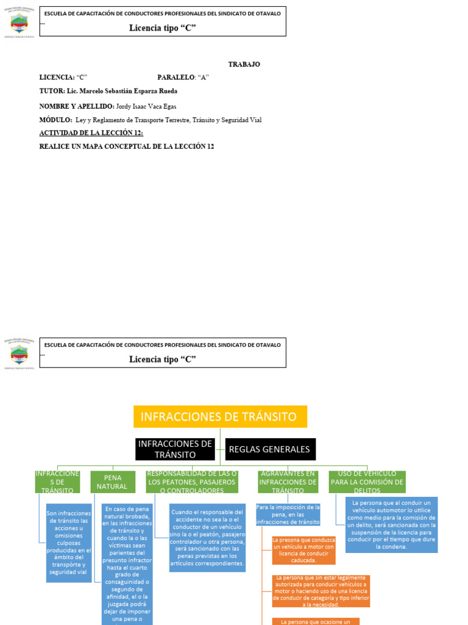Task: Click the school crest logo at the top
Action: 19,23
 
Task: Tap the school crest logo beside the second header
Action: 19,353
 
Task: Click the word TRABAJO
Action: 244,64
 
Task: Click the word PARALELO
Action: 175,78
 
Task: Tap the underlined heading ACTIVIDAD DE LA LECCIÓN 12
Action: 91,133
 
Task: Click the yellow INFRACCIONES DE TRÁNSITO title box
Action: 220,417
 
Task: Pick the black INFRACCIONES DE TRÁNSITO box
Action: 175,449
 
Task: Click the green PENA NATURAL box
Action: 113,482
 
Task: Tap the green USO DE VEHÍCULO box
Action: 367,482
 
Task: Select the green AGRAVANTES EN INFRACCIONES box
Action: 288,482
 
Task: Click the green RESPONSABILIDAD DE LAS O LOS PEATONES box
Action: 192,482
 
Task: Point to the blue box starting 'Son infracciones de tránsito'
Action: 68,543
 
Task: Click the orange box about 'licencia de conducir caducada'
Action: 303,550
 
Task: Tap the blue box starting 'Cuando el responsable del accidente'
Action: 207,538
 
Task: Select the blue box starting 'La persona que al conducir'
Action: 391,525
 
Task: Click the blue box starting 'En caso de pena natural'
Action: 127,562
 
